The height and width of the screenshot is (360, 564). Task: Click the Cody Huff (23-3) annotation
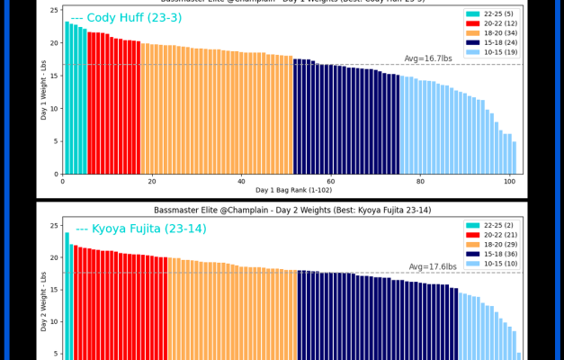pyautogui.click(x=112, y=18)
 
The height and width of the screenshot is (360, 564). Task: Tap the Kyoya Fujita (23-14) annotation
pyautogui.click(x=140, y=229)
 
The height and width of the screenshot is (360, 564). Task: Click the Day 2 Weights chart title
pyautogui.click(x=281, y=210)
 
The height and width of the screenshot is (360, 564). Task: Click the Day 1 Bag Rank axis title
pyautogui.click(x=289, y=190)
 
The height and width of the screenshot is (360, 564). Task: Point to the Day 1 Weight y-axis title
pyautogui.click(x=44, y=90)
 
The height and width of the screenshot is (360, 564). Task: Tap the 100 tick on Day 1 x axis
pyautogui.click(x=509, y=180)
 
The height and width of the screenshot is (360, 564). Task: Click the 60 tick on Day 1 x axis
pyautogui.click(x=331, y=180)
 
